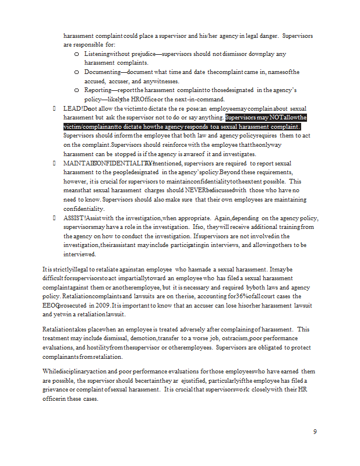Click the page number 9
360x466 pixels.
(315, 432)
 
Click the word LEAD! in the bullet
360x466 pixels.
(73, 108)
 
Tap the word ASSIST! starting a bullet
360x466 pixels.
(75, 217)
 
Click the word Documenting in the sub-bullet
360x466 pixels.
(101, 72)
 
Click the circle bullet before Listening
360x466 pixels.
(77, 54)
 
